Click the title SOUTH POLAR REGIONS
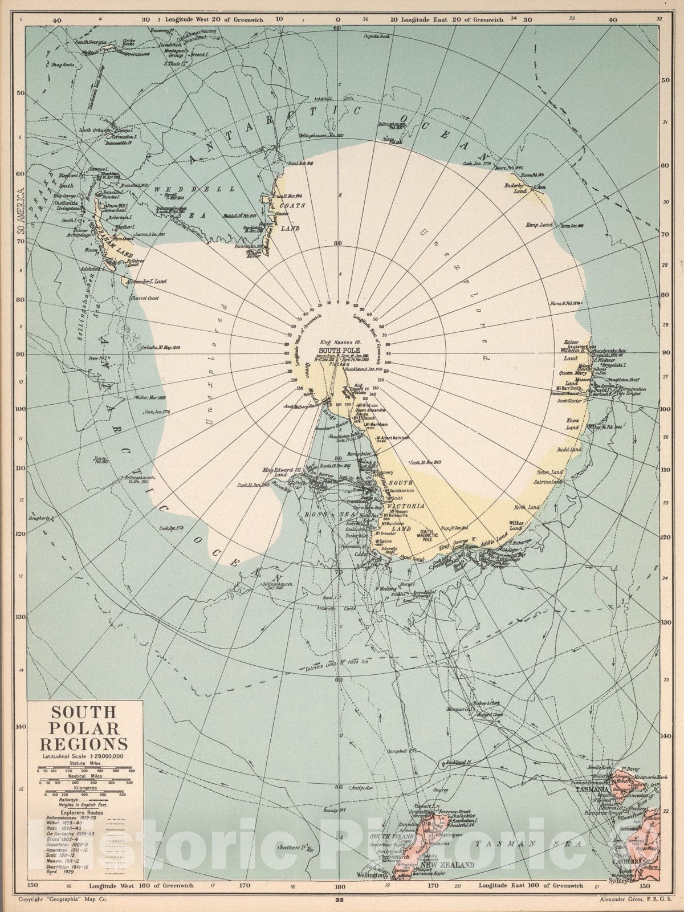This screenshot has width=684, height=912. pos(84,728)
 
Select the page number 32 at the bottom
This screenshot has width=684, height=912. pos(340,900)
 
